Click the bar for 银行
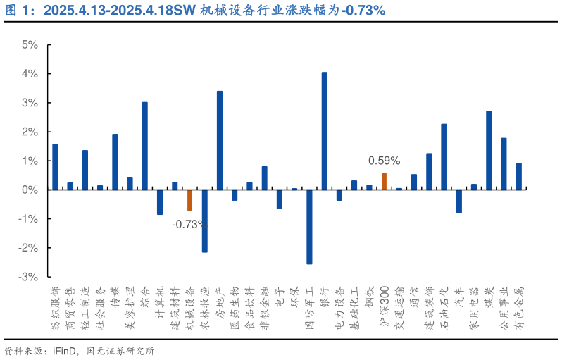[x=324, y=131]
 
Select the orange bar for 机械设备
[x=189, y=200]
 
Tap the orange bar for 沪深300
[x=384, y=181]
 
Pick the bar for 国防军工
[x=309, y=227]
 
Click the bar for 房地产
[x=220, y=140]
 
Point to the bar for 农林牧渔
[x=204, y=221]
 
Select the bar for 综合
[x=145, y=146]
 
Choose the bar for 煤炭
[x=489, y=150]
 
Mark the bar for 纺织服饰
[x=55, y=167]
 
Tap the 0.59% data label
[x=384, y=161]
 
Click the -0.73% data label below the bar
[x=189, y=224]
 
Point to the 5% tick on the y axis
[x=30, y=44]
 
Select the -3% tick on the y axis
[x=28, y=277]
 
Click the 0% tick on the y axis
[x=30, y=190]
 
